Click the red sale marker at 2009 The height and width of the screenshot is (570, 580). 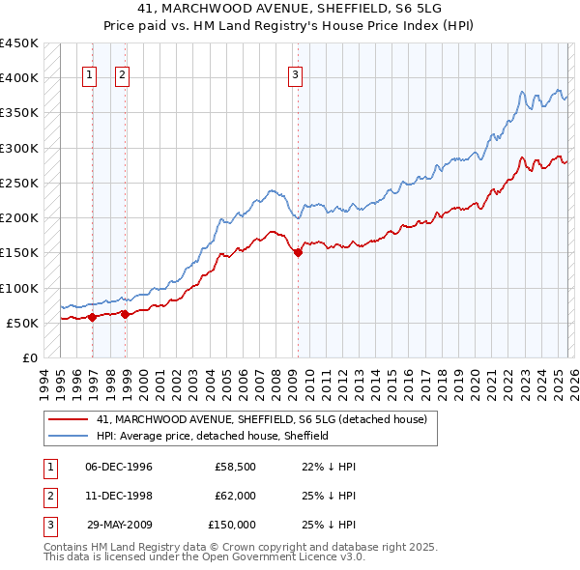[x=298, y=253]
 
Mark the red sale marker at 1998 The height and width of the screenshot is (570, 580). [x=126, y=314]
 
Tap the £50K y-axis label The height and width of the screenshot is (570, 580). [x=22, y=323]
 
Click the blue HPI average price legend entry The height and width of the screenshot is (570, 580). [x=213, y=436]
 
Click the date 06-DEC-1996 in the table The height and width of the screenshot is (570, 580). [x=119, y=467]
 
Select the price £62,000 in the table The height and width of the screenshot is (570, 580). [x=235, y=496]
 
